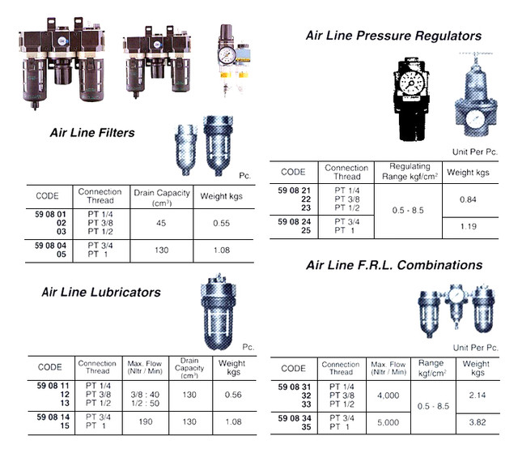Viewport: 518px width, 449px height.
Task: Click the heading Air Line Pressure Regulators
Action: point(393,36)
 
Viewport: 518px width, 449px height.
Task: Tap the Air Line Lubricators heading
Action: point(101,293)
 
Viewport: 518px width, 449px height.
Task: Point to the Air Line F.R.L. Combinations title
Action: point(393,265)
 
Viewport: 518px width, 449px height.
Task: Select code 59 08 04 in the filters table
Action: point(53,242)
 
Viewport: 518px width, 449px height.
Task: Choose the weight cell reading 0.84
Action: point(467,200)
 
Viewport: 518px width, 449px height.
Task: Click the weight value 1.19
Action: point(467,226)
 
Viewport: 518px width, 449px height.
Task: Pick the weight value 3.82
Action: point(476,422)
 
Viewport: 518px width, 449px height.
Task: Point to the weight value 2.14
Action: point(476,396)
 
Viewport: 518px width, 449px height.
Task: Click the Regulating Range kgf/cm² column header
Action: point(409,170)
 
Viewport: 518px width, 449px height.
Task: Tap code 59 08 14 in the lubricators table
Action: point(53,416)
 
